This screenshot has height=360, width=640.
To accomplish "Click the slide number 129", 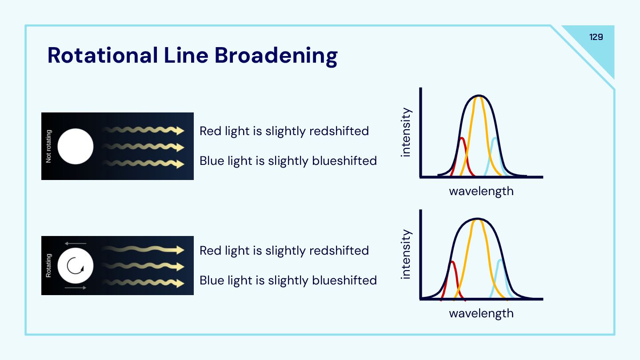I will click(596, 37).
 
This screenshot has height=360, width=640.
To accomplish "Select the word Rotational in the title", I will click(102, 56).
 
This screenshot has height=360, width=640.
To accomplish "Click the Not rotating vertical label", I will click(49, 146).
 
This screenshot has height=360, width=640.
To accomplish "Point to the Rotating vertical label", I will click(49, 266).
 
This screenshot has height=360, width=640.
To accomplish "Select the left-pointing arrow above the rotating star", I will click(75, 244).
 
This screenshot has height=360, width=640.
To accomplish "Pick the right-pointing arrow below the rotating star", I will click(75, 288).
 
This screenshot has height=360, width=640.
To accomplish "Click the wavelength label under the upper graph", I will click(481, 192).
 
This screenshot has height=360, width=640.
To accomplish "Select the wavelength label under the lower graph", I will click(481, 313).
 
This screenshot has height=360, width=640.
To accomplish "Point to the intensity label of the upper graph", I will click(406, 132).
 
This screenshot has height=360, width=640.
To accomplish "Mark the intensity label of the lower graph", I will click(406, 254).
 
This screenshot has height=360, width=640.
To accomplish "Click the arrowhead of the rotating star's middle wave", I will click(180, 267).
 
